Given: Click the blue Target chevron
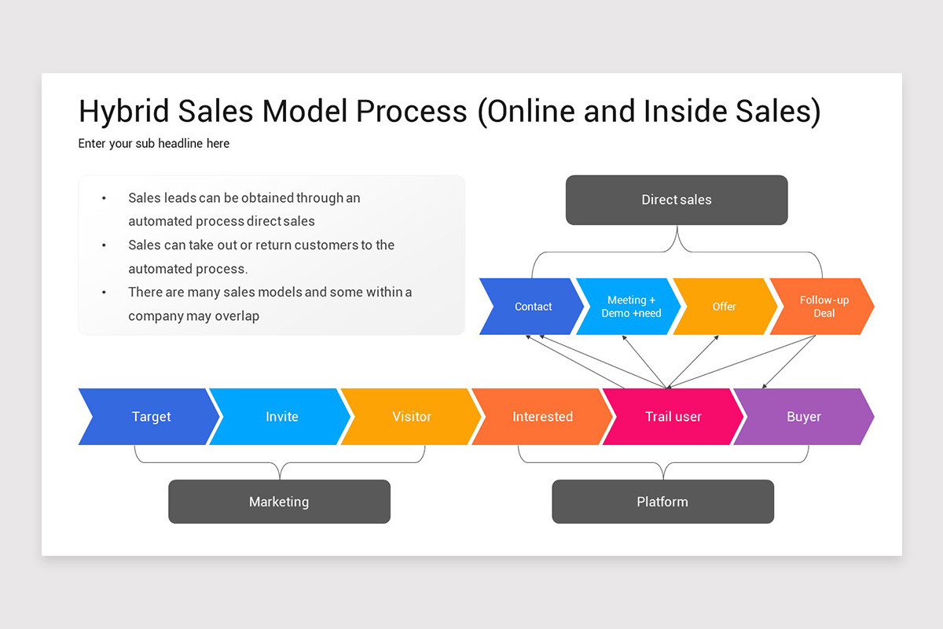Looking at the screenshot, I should pyautogui.click(x=150, y=417).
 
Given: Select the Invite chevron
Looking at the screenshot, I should pyautogui.click(x=281, y=417).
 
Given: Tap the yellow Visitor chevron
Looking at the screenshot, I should pyautogui.click(x=412, y=417).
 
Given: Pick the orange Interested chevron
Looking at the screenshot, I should pyautogui.click(x=542, y=417).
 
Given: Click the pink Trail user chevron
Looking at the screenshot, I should pyautogui.click(x=673, y=417).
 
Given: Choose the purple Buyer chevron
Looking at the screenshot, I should pyautogui.click(x=803, y=417).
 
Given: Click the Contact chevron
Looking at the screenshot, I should pyautogui.click(x=533, y=307).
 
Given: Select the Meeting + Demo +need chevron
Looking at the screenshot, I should pyautogui.click(x=630, y=307).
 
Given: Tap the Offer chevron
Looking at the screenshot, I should pyautogui.click(x=724, y=307).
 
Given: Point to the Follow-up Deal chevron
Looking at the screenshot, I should pyautogui.click(x=824, y=307).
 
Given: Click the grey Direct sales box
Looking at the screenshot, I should pyautogui.click(x=676, y=200).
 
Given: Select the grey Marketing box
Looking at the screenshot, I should pyautogui.click(x=279, y=502).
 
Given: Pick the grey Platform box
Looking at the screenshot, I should pyautogui.click(x=662, y=502).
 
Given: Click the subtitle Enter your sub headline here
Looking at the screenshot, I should pyautogui.click(x=154, y=143).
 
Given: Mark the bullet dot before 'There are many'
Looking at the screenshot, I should pyautogui.click(x=104, y=292).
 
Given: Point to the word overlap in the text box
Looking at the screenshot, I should pyautogui.click(x=231, y=316).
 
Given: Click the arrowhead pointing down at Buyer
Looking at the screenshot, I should pyautogui.click(x=765, y=385).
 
